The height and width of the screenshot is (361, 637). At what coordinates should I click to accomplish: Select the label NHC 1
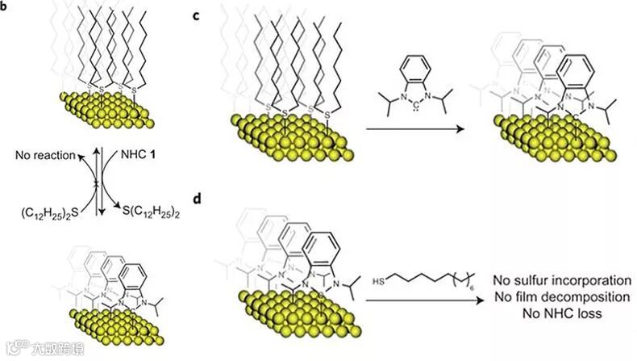(128, 153)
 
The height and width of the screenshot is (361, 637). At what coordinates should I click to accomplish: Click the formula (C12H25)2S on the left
(42, 216)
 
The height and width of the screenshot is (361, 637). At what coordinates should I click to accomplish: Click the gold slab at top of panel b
(104, 108)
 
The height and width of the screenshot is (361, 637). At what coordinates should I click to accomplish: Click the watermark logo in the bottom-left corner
(15, 349)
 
